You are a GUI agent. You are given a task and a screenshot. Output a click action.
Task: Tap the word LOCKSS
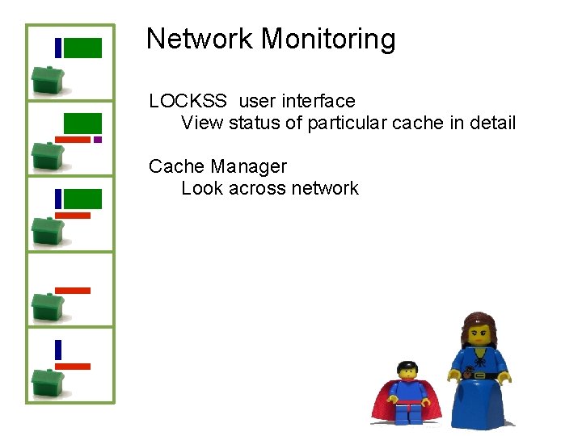pos(188,101)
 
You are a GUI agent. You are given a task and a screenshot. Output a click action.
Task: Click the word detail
pos(490,124)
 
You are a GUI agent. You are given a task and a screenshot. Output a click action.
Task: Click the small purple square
pos(98,140)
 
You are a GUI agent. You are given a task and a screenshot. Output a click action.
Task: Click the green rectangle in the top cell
pos(82,48)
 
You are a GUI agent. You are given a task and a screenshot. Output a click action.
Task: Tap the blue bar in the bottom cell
pos(58,350)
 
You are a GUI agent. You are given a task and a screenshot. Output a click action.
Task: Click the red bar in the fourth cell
pos(73,290)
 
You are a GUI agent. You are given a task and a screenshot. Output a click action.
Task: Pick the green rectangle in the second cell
pos(82,123)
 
